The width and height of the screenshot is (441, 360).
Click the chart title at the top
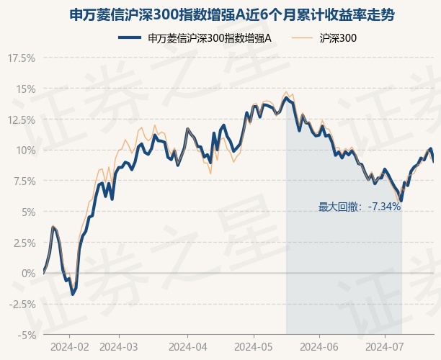[231, 14]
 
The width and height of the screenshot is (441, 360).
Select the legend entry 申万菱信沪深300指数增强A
[195, 38]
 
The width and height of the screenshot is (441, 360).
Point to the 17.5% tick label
[22, 58]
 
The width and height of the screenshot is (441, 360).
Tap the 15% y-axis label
[26, 89]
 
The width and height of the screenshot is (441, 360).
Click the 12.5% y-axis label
[22, 120]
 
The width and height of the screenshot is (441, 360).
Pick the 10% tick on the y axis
[26, 150]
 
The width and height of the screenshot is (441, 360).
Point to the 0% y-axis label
[29, 274]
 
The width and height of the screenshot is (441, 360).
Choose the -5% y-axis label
[27, 336]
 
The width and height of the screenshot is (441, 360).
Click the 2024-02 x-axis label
[70, 347]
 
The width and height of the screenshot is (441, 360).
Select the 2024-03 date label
[119, 347]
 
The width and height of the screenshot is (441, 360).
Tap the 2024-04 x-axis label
[188, 347]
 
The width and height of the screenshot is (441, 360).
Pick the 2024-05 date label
[254, 347]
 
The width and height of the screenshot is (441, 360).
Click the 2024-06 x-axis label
[319, 347]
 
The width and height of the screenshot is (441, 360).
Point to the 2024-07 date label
[385, 347]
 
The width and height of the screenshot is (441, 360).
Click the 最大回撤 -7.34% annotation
[360, 207]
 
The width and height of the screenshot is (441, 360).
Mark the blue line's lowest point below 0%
[73, 294]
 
